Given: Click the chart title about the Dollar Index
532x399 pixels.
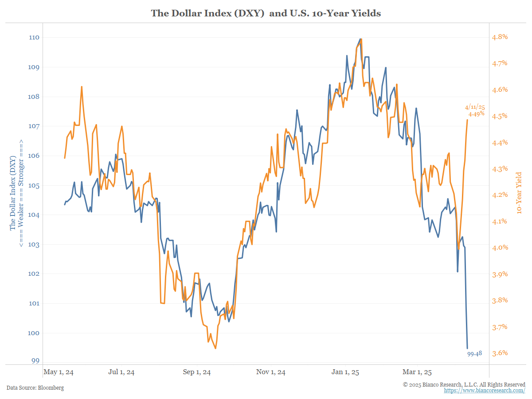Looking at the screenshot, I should tap(266, 13).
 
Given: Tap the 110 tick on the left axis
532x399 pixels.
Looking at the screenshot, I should tap(35, 38).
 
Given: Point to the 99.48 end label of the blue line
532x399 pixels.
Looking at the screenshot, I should tap(474, 353).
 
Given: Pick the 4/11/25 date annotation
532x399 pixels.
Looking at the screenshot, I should tap(475, 107).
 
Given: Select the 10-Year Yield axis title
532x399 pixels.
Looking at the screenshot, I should tap(519, 193).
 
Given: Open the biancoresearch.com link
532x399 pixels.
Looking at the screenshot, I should tap(485, 391).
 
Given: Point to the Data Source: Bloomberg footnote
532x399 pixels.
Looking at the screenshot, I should tap(35, 388).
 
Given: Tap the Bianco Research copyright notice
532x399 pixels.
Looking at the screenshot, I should tap(464, 384).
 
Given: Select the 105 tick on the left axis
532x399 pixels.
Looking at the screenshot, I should tap(35, 185).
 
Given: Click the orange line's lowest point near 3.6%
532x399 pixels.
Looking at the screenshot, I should tap(215, 348).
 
